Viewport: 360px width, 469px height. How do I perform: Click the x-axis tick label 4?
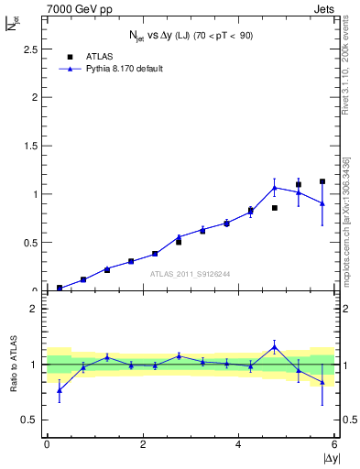(239, 445)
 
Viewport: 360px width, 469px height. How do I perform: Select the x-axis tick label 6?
(334, 445)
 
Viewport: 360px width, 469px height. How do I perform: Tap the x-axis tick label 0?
(47, 445)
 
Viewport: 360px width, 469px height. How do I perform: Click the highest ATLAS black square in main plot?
(322, 181)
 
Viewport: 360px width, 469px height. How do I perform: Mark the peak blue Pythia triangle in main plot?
(275, 188)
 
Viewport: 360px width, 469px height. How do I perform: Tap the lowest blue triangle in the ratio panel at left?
(60, 390)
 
